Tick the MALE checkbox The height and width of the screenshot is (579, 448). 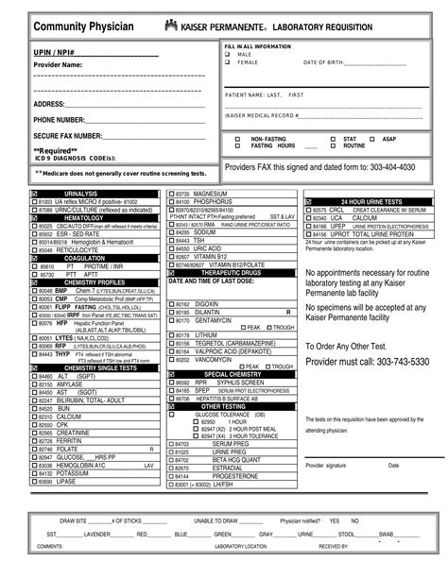[228, 54]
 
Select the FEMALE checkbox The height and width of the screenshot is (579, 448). [228, 62]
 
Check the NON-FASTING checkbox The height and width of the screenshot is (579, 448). [237, 139]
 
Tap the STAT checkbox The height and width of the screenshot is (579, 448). [330, 139]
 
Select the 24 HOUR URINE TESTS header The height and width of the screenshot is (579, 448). [370, 201]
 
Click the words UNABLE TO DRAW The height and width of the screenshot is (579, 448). [216, 520]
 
